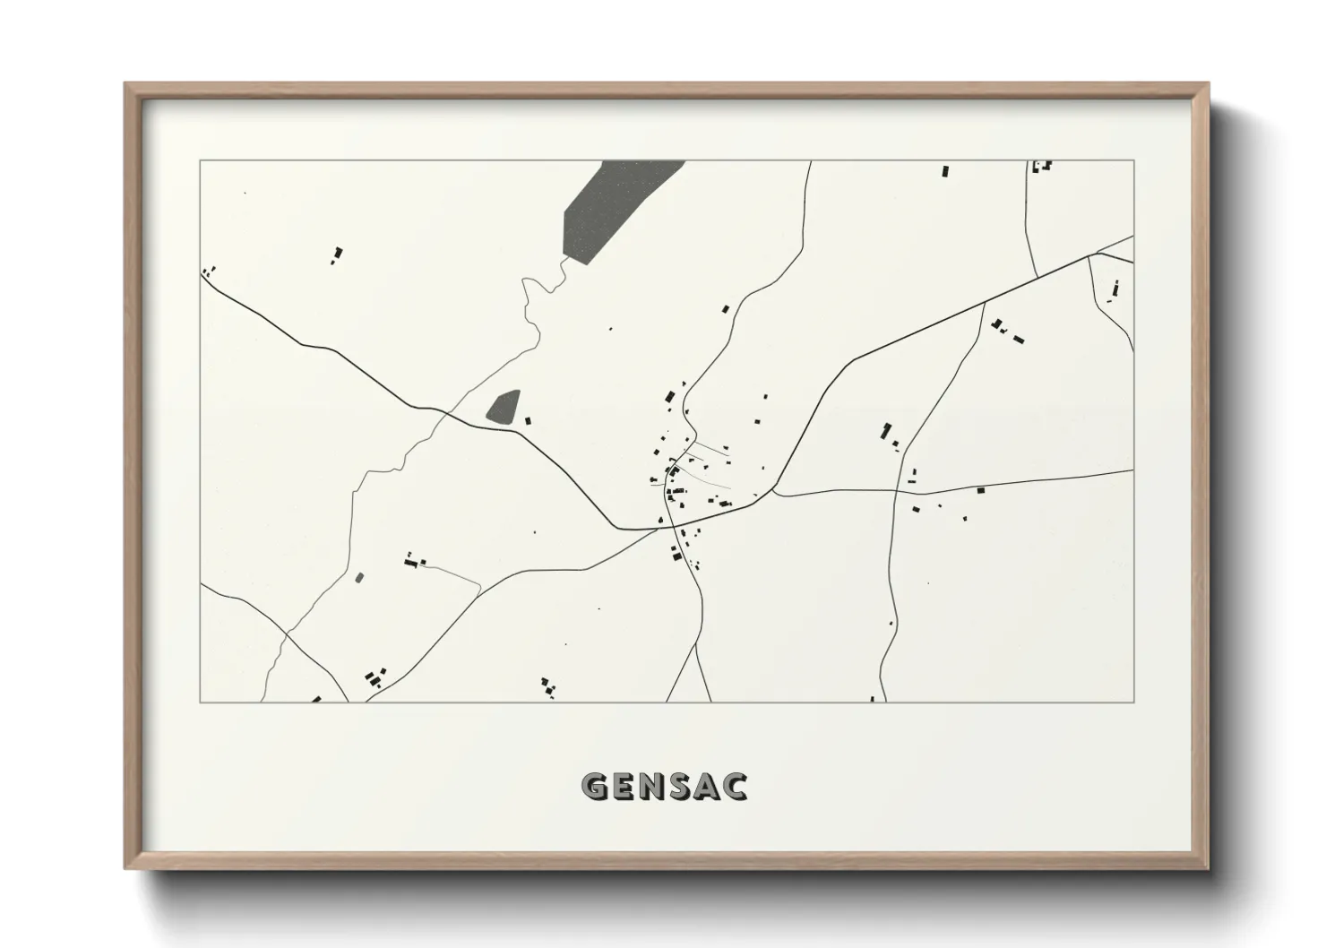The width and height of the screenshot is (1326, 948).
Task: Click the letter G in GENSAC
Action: [595, 787]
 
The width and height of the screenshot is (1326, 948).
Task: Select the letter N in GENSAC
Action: [656, 787]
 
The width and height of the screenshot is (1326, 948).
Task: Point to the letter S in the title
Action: [685, 787]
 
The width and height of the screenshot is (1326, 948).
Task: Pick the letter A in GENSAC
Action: [710, 787]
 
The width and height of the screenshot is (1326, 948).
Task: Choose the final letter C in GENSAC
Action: [737, 787]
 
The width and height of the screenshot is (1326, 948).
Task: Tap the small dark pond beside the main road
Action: [504, 407]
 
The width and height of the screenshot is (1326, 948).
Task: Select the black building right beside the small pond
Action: [528, 419]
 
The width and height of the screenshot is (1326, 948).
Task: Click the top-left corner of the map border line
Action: [200, 160]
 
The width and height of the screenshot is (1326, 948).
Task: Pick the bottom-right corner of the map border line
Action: [1133, 702]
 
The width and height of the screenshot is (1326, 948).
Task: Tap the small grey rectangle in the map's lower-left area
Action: [360, 578]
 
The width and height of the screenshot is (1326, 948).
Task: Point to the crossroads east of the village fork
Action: [896, 491]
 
